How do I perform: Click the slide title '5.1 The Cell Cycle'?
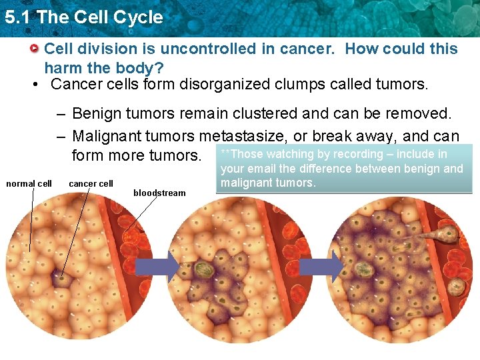(83, 17)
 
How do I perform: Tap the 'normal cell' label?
(29, 183)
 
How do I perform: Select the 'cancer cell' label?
(91, 183)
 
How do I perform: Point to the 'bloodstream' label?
(159, 193)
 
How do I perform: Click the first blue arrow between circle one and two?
(157, 268)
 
